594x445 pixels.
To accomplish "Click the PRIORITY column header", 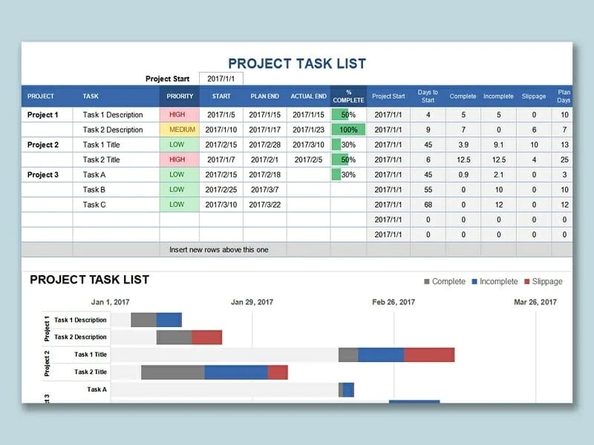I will pyautogui.click(x=180, y=96).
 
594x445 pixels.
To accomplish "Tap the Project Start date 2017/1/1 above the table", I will pyautogui.click(x=221, y=79).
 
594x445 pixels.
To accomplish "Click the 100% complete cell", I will pyautogui.click(x=347, y=130).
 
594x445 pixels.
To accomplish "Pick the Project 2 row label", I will pyautogui.click(x=43, y=145).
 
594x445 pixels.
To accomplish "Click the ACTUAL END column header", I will pyautogui.click(x=308, y=96).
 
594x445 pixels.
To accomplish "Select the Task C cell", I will pyautogui.click(x=94, y=205).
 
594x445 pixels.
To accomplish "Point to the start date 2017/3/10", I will pyautogui.click(x=221, y=205).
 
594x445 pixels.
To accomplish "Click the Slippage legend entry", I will pyautogui.click(x=543, y=282).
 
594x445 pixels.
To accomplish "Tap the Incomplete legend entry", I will pyautogui.click(x=494, y=282).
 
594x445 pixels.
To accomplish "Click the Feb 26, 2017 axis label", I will pyautogui.click(x=394, y=302).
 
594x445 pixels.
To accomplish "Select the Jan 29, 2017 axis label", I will pyautogui.click(x=252, y=302).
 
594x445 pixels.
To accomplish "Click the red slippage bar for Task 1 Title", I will pyautogui.click(x=429, y=355).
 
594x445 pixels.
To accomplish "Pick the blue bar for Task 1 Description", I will pyautogui.click(x=169, y=320).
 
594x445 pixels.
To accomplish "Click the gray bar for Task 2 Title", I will pyautogui.click(x=172, y=372).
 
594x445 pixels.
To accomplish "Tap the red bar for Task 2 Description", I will pyautogui.click(x=206, y=337).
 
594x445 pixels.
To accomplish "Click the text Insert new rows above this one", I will pyautogui.click(x=219, y=250).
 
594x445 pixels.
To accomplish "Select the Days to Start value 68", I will pyautogui.click(x=428, y=205).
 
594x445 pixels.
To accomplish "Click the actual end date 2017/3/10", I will pyautogui.click(x=309, y=145).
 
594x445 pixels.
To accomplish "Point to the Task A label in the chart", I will pyautogui.click(x=97, y=389).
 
